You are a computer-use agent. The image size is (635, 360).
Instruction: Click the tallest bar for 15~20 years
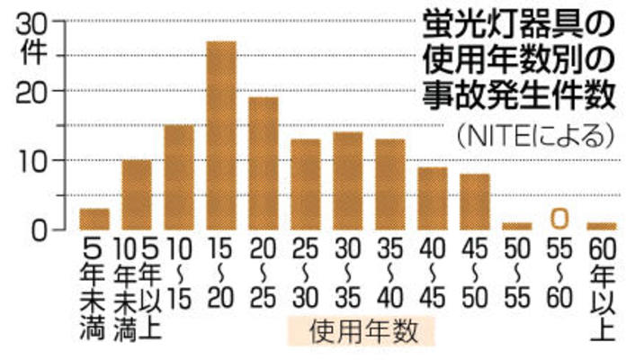point(220,135)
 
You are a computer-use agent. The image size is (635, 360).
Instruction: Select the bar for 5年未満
point(94,219)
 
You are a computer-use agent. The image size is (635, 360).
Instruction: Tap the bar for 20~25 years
point(263,163)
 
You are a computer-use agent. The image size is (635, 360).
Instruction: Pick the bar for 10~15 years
point(178,177)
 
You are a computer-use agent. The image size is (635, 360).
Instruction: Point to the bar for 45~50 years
point(474,202)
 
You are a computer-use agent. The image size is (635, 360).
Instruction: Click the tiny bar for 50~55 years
point(516,226)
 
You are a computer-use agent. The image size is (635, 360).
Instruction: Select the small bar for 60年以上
point(601,226)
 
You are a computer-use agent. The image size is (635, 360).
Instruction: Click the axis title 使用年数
point(362,331)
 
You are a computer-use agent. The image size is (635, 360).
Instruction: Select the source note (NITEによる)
point(535,136)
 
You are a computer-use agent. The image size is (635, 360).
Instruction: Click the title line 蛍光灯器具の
point(522,22)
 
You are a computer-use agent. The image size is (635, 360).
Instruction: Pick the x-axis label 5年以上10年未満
point(137,288)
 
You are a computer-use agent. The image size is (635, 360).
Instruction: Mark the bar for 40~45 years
point(432,198)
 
